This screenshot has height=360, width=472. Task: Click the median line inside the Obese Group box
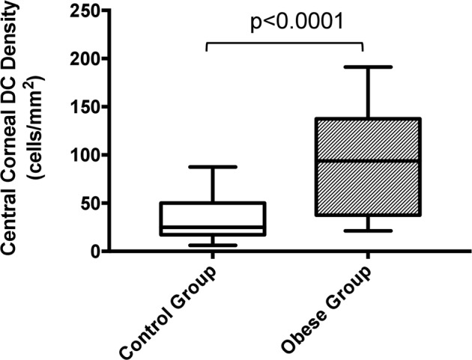tap(367, 161)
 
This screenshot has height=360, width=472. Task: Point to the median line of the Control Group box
tap(214, 227)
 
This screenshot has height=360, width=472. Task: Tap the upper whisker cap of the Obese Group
tap(367, 67)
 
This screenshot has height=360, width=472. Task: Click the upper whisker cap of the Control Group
tap(214, 167)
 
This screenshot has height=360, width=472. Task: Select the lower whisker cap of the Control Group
tap(214, 245)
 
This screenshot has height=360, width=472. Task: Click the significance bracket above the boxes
tap(284, 44)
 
